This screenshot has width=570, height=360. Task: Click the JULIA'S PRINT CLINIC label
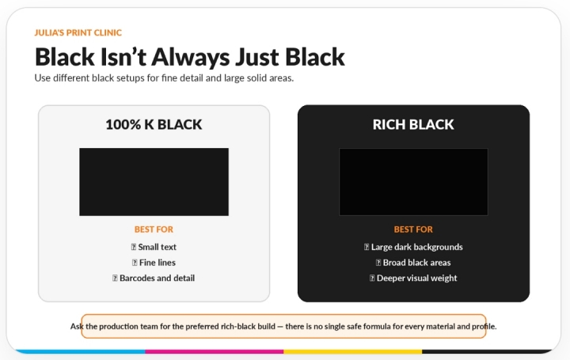click(x=78, y=32)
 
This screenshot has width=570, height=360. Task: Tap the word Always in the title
click(x=191, y=57)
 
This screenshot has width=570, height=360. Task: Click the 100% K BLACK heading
click(x=154, y=124)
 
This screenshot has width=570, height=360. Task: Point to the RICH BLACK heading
click(x=413, y=124)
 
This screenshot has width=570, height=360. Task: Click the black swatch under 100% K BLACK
click(x=154, y=182)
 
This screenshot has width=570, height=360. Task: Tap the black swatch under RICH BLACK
click(x=414, y=182)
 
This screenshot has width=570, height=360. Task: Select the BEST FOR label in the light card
click(x=154, y=229)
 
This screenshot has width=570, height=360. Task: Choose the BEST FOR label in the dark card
click(x=413, y=229)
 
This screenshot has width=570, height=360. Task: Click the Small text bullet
click(x=154, y=247)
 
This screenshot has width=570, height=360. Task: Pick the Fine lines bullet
click(x=154, y=263)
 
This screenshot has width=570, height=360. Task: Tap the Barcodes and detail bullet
click(x=154, y=279)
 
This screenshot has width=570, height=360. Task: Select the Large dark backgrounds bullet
click(x=413, y=248)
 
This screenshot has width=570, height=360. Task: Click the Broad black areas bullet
click(x=413, y=263)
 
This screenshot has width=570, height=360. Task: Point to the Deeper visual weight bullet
click(x=413, y=279)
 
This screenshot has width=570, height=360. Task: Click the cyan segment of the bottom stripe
click(x=80, y=351)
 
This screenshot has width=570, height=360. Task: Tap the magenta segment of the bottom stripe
click(x=215, y=351)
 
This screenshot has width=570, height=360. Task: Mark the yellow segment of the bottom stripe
click(x=352, y=351)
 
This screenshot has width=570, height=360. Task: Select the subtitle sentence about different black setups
click(x=164, y=78)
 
